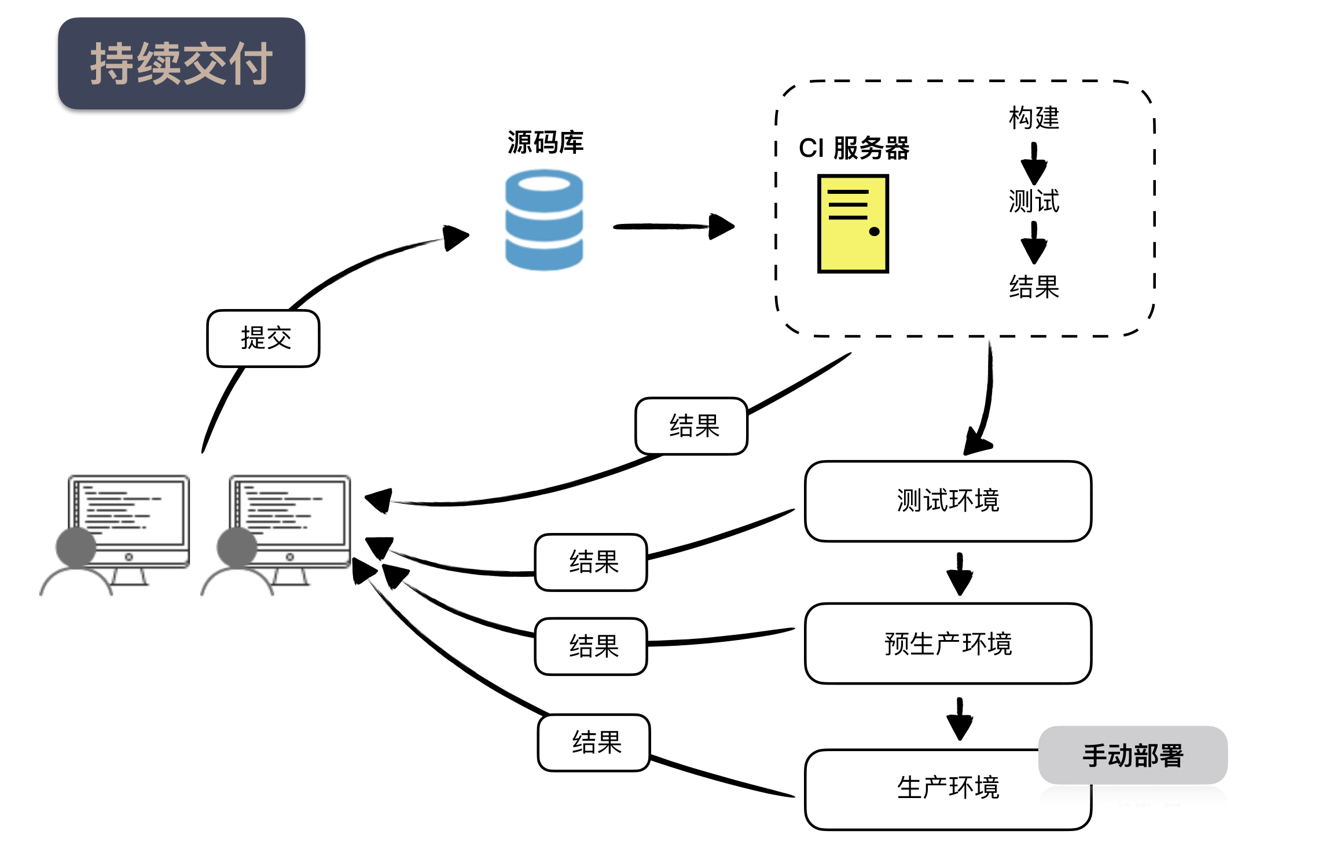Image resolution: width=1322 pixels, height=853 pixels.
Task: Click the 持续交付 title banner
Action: [x=181, y=64]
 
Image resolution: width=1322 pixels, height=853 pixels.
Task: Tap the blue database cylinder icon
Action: [x=544, y=220]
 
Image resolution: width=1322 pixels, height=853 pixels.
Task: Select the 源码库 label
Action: [x=545, y=142]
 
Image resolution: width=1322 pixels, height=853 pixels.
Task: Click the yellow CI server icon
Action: [x=853, y=223]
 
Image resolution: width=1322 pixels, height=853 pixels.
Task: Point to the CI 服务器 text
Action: [x=854, y=148]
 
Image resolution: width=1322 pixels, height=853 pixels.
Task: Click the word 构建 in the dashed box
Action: [x=1034, y=118]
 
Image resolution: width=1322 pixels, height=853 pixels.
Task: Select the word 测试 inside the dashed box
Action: [x=1034, y=201]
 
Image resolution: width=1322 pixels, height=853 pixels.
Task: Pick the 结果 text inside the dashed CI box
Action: [x=1034, y=287]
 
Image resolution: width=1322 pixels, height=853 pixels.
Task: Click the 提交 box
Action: [x=263, y=339]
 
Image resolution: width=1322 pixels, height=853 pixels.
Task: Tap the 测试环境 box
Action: [x=948, y=501]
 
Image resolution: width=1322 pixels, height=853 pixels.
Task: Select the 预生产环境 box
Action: [x=948, y=644]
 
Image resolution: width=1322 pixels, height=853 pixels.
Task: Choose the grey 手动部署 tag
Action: [x=1132, y=755]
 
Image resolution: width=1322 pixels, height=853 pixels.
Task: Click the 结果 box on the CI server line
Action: [x=692, y=426]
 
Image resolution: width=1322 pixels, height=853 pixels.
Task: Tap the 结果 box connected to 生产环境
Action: [x=594, y=742]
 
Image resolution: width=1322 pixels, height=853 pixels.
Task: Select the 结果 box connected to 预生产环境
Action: [x=591, y=646]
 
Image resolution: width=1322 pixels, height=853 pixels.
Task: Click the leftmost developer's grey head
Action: [x=76, y=546]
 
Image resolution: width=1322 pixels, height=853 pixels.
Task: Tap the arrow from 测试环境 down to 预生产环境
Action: [x=960, y=573]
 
